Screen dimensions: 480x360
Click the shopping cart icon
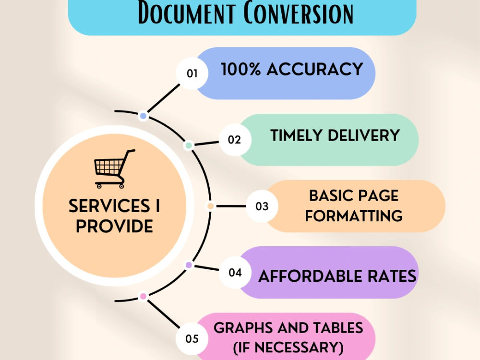click(115, 169)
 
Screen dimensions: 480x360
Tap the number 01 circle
click(192, 73)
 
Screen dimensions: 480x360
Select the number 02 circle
click(235, 140)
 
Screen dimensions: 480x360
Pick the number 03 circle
click(262, 206)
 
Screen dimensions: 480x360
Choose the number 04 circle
click(235, 273)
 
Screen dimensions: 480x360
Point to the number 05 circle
click(192, 339)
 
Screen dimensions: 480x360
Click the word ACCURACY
click(315, 69)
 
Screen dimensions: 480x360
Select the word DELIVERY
click(364, 135)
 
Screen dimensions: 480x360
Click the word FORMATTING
click(354, 216)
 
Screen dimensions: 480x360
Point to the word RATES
click(392, 276)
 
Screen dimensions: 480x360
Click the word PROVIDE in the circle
click(115, 226)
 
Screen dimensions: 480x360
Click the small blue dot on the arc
click(143, 116)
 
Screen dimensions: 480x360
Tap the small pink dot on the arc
click(143, 296)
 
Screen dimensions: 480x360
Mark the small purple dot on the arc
click(189, 265)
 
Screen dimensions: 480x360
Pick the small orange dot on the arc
click(210, 206)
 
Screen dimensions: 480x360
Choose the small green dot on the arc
click(189, 145)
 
